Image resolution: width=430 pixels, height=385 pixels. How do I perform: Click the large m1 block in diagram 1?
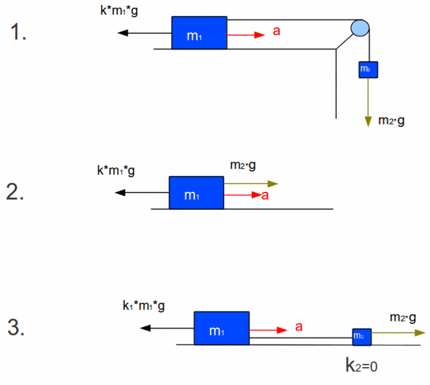[199, 33]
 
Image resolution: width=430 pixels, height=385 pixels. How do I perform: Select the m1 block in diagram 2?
[196, 193]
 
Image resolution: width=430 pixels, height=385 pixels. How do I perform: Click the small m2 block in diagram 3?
[361, 336]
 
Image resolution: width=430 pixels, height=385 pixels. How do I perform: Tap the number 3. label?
[16, 328]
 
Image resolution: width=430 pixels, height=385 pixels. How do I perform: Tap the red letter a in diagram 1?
[276, 31]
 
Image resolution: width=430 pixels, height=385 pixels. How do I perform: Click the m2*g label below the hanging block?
[391, 120]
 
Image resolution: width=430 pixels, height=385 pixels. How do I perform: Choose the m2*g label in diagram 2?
[243, 166]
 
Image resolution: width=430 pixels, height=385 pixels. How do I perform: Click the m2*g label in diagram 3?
[403, 318]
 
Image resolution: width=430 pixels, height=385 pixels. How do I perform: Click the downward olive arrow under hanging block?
[368, 103]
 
